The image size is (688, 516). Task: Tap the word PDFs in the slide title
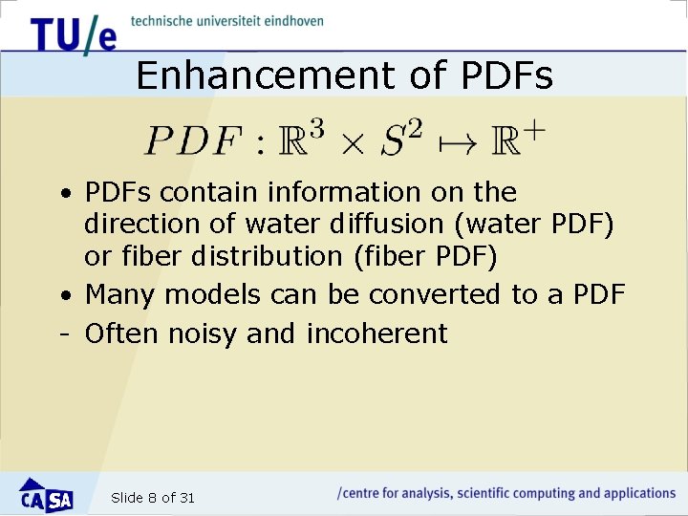(x=506, y=75)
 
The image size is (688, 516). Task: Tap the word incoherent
(x=376, y=333)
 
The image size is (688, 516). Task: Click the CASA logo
(x=46, y=496)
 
